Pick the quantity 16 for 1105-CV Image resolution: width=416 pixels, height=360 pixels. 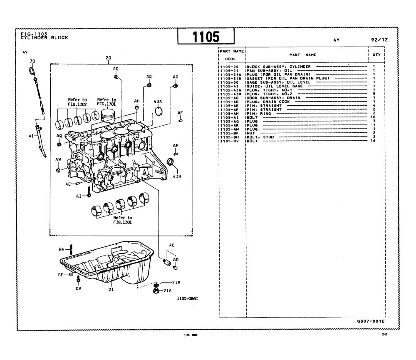pos(373,141)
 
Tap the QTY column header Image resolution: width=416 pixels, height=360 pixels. pos(376,55)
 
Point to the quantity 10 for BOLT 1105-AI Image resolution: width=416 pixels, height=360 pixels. pos(373,117)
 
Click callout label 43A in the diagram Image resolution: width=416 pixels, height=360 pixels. pos(158,102)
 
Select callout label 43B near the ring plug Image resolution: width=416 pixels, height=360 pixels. pos(177,176)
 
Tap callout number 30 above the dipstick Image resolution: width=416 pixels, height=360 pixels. pos(32,61)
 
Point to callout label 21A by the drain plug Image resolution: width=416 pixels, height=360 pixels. pos(168,290)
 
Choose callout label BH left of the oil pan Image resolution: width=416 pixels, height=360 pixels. pos(62,249)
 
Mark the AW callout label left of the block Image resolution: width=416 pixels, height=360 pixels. pos(58,159)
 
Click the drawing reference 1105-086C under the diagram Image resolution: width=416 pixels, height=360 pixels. pos(187,298)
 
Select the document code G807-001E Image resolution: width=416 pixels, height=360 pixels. pos(371,322)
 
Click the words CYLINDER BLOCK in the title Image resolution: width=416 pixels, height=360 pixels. pos(44,37)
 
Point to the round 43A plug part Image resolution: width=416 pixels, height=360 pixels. pos(159,111)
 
